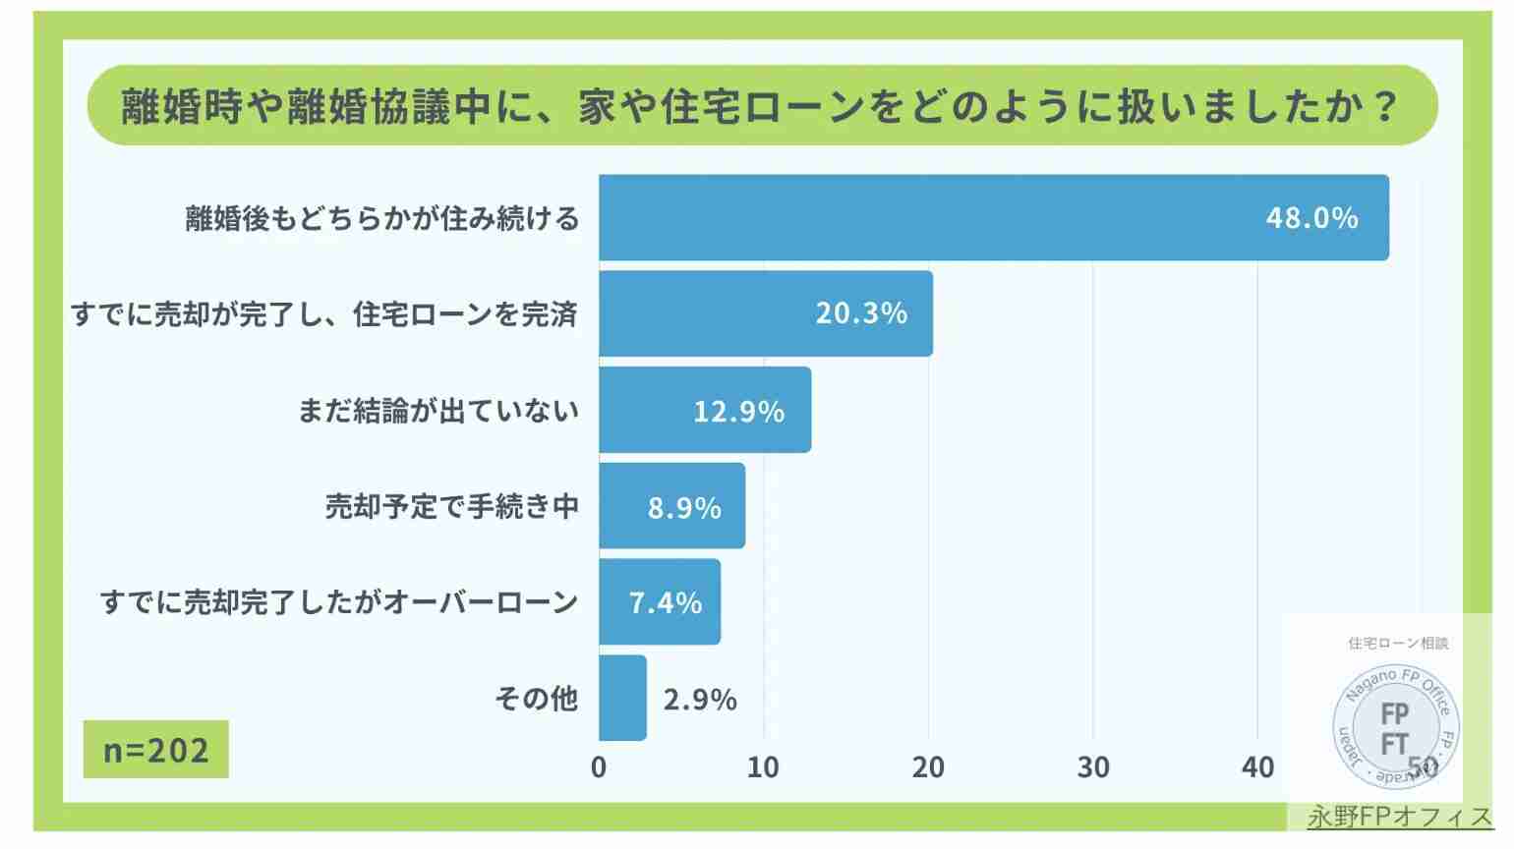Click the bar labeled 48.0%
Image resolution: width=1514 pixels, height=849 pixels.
[993, 217]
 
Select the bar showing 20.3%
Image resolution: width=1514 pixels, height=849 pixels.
[765, 313]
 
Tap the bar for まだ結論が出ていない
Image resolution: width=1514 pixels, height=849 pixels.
[704, 410]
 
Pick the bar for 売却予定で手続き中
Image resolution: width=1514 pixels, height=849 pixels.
[671, 506]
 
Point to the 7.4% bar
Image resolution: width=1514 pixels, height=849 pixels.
[659, 602]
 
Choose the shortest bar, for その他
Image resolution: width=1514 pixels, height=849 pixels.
[622, 698]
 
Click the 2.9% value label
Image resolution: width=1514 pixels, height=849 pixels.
[700, 700]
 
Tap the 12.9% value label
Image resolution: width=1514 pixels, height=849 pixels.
[738, 411]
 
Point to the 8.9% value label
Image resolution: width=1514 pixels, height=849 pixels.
[684, 507]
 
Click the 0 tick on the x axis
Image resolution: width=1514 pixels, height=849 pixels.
[599, 767]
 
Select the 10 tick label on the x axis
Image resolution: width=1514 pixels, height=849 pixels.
[763, 767]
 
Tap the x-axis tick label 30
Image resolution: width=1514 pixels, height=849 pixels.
[1093, 767]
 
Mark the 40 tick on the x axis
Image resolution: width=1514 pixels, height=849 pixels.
[1257, 767]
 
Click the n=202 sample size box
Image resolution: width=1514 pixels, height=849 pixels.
[156, 750]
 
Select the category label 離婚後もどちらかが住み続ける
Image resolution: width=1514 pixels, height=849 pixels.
[382, 218]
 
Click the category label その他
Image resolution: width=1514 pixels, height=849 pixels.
[536, 699]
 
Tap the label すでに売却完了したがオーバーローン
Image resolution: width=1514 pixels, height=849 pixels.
[339, 602]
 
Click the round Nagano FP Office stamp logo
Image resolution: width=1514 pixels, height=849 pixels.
[1395, 728]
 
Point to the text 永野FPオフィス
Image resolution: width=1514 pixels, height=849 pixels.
[1399, 817]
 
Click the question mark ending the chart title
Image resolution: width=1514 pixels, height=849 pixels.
[1386, 105]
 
